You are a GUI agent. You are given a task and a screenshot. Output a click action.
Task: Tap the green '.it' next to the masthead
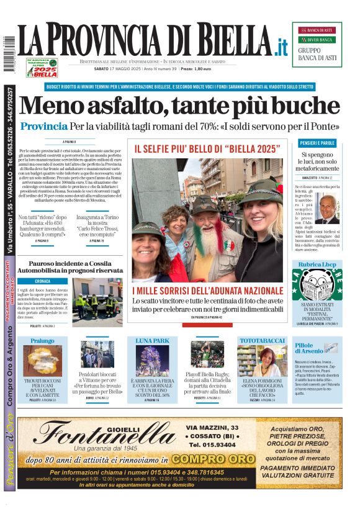(x=281, y=46)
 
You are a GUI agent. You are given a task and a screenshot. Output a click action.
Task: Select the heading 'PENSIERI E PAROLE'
(x=317, y=143)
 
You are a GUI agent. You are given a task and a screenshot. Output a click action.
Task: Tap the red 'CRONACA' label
(x=43, y=281)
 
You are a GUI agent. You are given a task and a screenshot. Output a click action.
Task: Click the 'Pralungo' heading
(x=42, y=341)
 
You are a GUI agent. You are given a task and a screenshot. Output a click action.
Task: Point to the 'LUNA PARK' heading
(x=152, y=341)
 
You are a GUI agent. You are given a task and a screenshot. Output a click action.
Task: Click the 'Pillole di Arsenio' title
(x=308, y=348)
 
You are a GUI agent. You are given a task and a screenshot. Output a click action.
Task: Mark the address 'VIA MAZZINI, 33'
(x=212, y=428)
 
